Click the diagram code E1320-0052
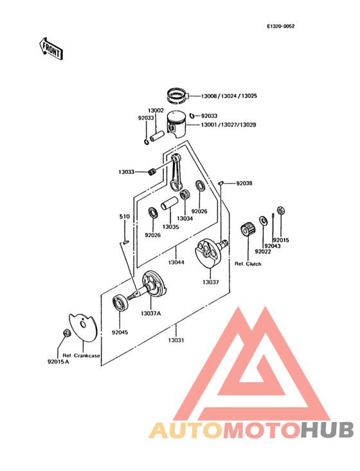coord(285,27)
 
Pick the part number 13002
coord(156,111)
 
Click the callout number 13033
coord(126,172)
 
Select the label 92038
coord(244,183)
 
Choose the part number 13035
coord(170,227)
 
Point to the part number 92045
coord(120,333)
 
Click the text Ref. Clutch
coord(248,264)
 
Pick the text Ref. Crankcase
coord(82,355)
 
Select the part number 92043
coord(274,246)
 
